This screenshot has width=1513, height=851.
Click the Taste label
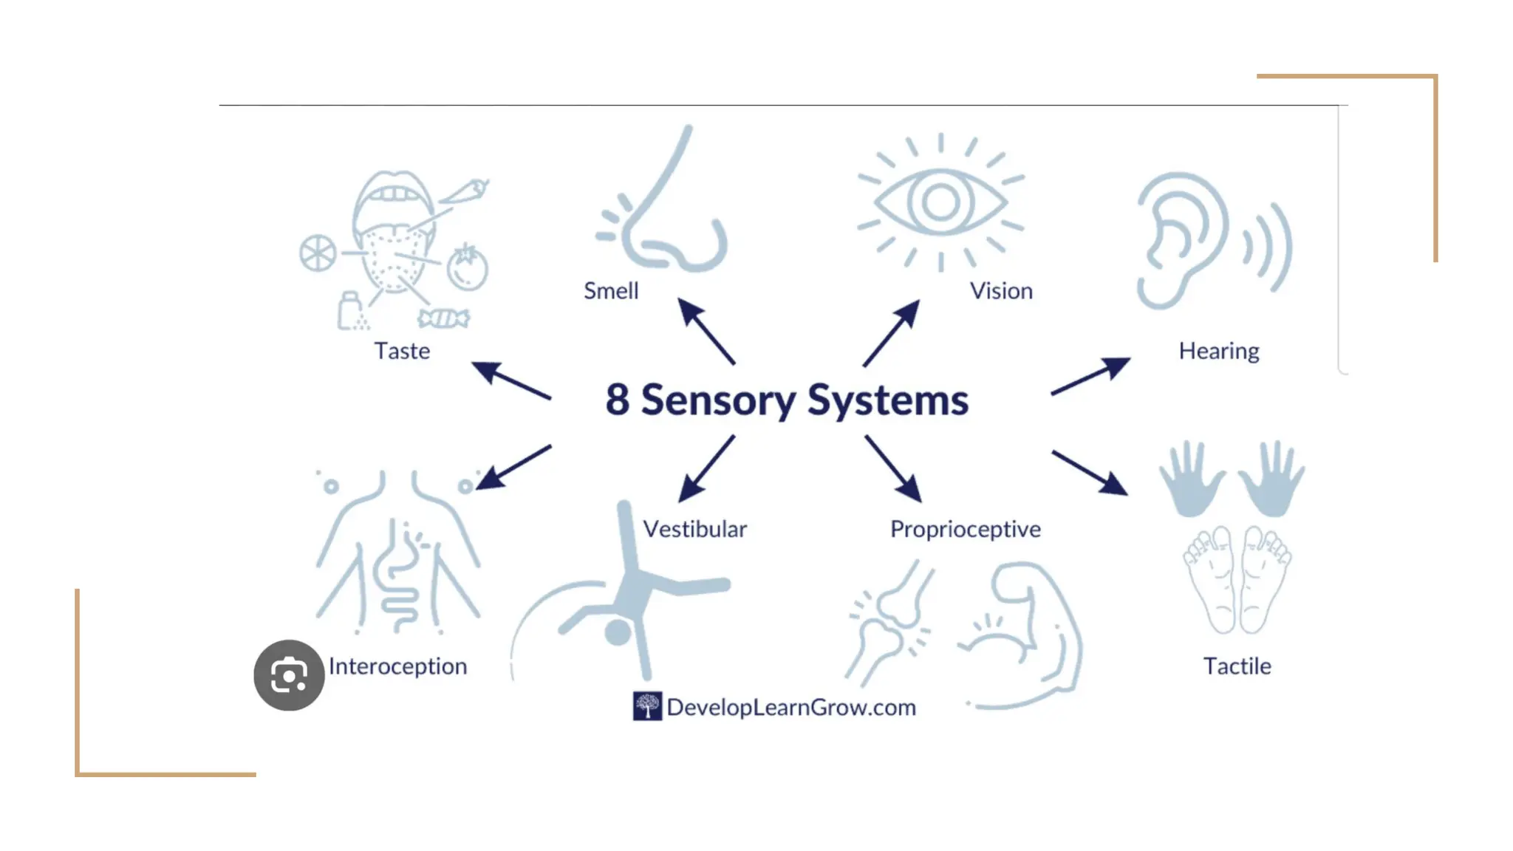pos(402,351)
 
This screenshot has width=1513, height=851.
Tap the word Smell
pos(611,291)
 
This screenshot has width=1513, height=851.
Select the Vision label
pos(1001,291)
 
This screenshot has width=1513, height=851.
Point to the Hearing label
pos(1219,351)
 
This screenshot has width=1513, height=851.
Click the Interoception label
pos(397,666)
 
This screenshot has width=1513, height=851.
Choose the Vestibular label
pos(694,529)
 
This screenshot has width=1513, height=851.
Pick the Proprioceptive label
pos(965,529)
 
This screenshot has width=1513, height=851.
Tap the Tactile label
pos(1237,666)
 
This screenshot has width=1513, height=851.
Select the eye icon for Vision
pos(940,202)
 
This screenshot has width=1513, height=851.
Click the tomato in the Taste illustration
pos(467,267)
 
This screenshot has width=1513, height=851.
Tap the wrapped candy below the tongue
pos(443,318)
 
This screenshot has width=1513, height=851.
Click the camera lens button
pos(289,675)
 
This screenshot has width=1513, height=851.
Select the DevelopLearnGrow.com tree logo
pos(647,706)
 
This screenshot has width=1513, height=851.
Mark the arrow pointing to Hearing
pos(1090,376)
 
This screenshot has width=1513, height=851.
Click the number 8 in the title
pos(618,400)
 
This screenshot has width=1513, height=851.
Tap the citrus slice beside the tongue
pos(318,253)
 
